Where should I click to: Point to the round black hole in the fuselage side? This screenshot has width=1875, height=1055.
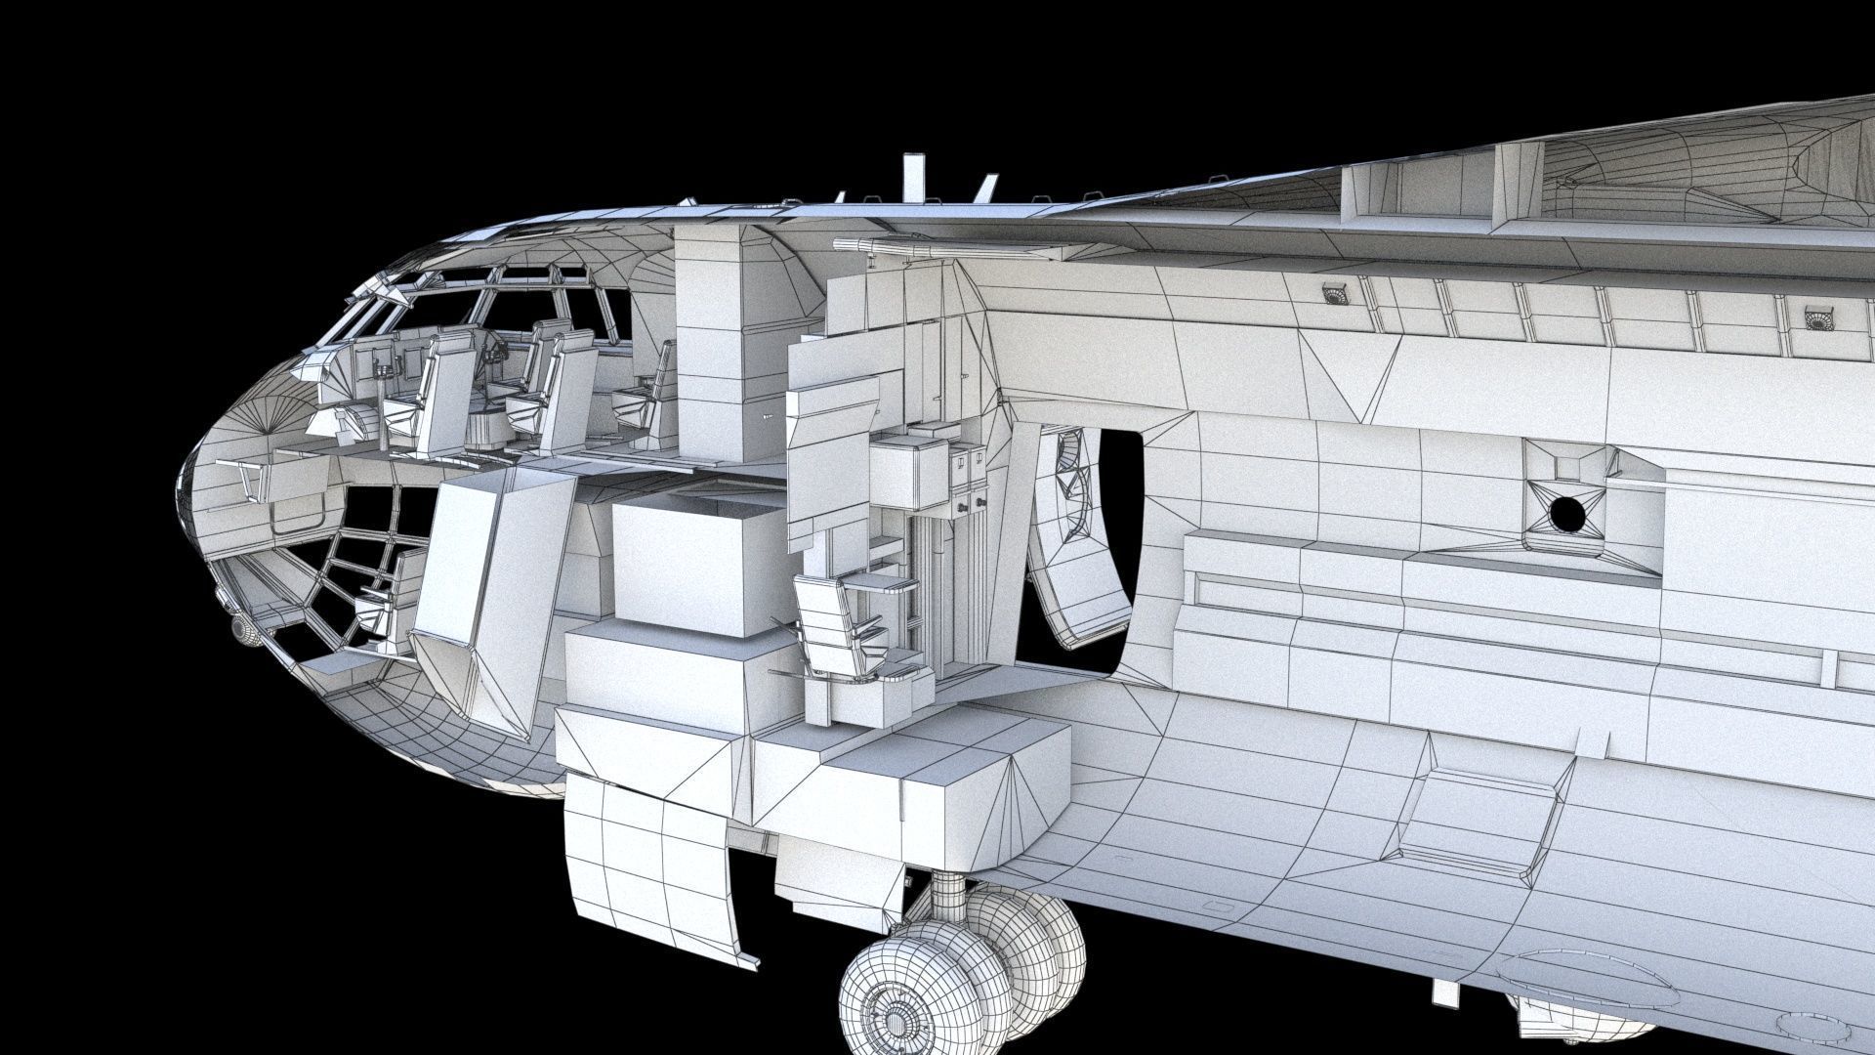(1564, 512)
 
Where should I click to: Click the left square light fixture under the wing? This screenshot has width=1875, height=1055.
(1332, 292)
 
